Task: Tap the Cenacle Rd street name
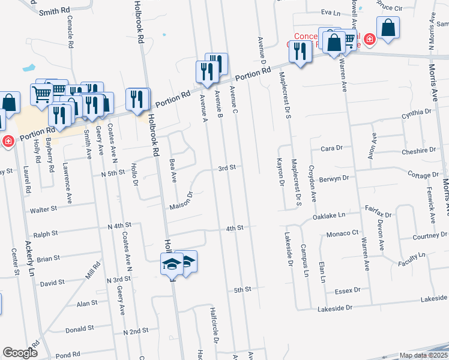70,35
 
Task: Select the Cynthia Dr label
417,112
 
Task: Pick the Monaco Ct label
342,233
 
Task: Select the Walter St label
43,211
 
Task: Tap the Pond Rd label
69,355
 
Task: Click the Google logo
20,353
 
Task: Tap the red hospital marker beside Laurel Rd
8,142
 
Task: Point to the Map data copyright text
423,355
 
